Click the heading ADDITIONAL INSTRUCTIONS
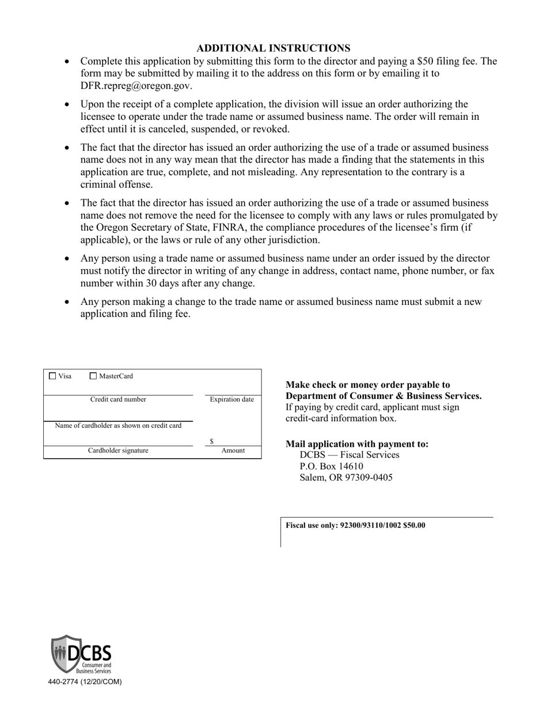273,48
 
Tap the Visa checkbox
53,376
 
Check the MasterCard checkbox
94,376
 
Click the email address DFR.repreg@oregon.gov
136,86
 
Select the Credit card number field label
118,399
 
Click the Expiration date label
231,399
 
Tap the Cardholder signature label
118,451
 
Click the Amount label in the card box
233,451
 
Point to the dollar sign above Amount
212,442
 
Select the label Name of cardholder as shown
118,426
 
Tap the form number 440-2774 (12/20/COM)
85,681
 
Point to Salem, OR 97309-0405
346,477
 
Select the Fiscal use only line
355,526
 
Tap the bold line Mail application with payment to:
357,444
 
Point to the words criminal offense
108,184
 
